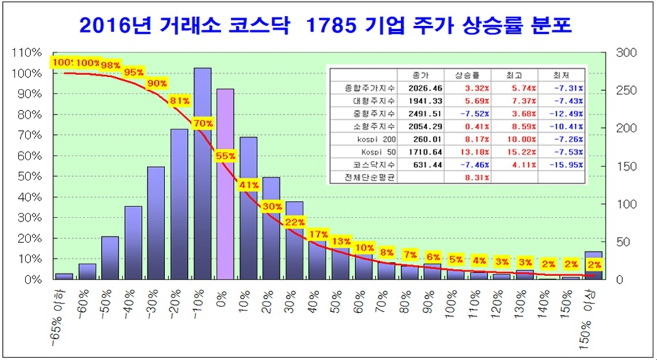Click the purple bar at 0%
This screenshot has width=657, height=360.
pyautogui.click(x=225, y=186)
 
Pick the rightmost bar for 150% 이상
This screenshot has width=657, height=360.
pyautogui.click(x=593, y=266)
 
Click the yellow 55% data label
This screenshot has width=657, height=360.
pyautogui.click(x=226, y=156)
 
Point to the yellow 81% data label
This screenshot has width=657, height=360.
pyautogui.click(x=180, y=101)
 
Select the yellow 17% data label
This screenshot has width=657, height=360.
pyautogui.click(x=319, y=235)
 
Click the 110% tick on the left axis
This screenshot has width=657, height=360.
pyautogui.click(x=27, y=53)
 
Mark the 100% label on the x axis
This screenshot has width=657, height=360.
pyautogui.click(x=452, y=307)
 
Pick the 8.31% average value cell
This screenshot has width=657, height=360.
pyautogui.click(x=475, y=178)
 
